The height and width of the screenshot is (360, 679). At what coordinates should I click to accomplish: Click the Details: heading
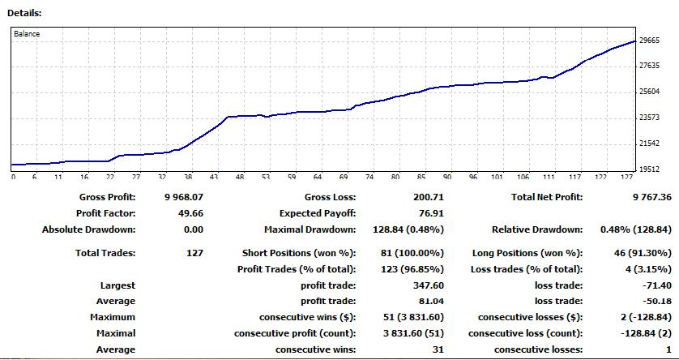click(x=24, y=14)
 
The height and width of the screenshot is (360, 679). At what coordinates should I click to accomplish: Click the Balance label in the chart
click(x=27, y=34)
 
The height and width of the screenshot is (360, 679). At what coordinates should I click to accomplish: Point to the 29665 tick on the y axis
click(x=650, y=40)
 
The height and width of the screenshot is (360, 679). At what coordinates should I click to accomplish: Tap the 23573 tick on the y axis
click(x=650, y=118)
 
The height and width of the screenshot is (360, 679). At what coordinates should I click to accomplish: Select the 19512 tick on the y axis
click(x=650, y=169)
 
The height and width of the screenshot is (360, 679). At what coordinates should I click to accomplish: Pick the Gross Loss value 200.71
click(x=425, y=197)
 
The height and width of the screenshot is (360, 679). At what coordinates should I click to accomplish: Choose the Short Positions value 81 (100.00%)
click(x=412, y=253)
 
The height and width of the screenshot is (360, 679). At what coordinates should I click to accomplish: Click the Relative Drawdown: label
click(x=537, y=229)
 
